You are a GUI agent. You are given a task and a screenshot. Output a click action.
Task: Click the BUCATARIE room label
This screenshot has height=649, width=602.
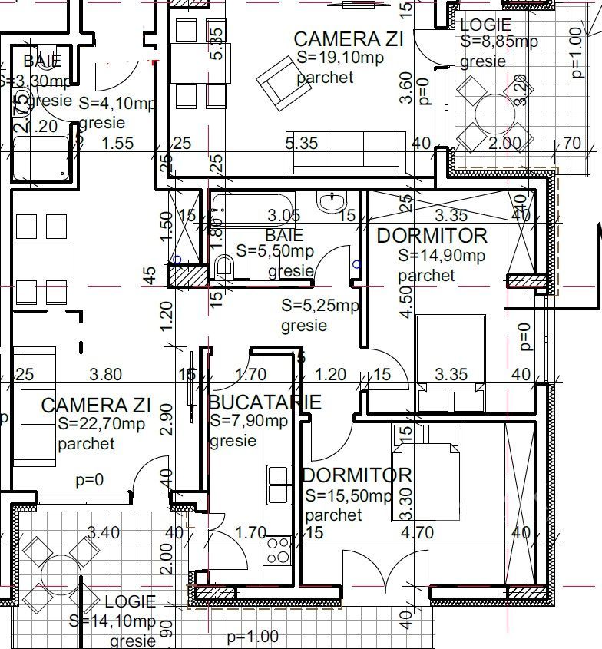tap(264, 402)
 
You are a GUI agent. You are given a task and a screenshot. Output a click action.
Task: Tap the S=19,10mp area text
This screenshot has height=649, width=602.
tap(336, 58)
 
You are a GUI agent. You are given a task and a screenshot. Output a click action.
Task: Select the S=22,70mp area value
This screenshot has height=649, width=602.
tap(101, 424)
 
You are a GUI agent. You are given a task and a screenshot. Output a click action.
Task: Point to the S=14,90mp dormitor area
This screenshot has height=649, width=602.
tap(442, 256)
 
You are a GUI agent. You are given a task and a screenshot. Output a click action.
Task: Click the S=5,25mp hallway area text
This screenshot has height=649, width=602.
tap(320, 306)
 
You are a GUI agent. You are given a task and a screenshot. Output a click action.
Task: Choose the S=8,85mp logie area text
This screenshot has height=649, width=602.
tap(499, 42)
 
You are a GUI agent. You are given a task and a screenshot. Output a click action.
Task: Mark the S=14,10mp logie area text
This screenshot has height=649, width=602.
tap(112, 621)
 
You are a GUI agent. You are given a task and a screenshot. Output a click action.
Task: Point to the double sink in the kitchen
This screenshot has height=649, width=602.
tap(276, 485)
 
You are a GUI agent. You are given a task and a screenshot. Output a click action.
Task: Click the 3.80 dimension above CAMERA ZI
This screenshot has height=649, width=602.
tap(105, 375)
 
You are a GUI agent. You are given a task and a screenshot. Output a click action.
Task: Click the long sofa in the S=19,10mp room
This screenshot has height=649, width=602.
tap(346, 151)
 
